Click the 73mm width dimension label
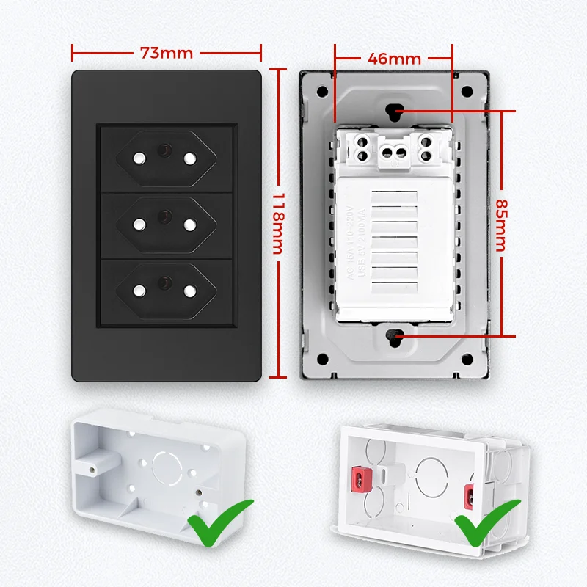point(166,53)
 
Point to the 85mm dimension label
point(501,225)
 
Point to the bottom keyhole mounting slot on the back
point(394,337)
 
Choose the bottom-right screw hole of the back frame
point(465,360)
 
